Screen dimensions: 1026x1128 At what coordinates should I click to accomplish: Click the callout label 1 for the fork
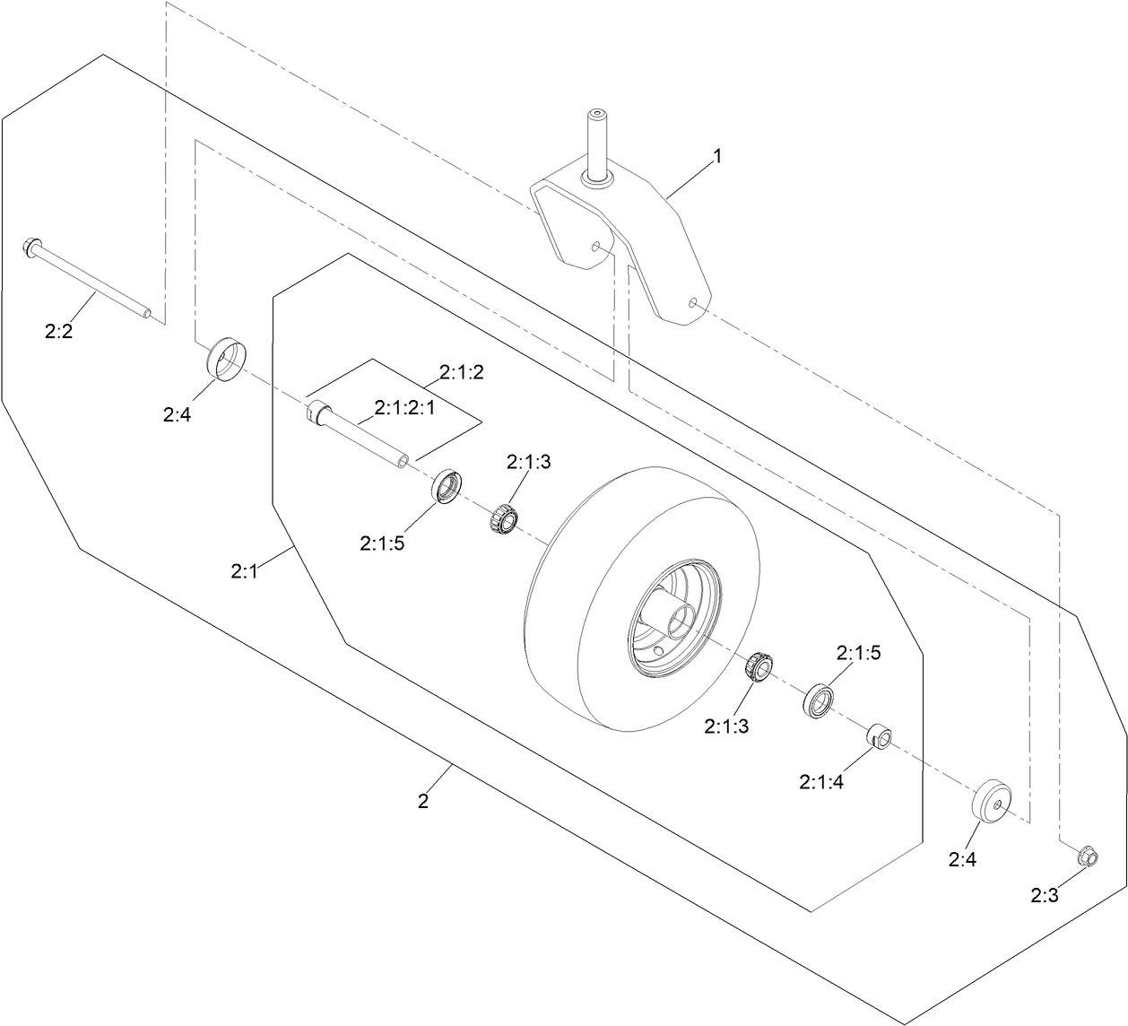pyautogui.click(x=716, y=156)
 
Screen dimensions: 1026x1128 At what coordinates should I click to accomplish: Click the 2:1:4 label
pyautogui.click(x=821, y=782)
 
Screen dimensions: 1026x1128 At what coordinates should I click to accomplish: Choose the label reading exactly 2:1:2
pyautogui.click(x=462, y=372)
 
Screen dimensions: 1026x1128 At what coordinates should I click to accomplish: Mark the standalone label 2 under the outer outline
pyautogui.click(x=423, y=801)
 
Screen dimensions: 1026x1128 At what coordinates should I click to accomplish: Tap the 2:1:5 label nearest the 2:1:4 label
pyautogui.click(x=858, y=653)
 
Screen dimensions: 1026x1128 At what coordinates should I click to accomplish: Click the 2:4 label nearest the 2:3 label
pyautogui.click(x=962, y=860)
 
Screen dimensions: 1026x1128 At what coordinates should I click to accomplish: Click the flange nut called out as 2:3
pyautogui.click(x=1086, y=856)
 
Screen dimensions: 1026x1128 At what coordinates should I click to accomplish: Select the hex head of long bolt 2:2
pyautogui.click(x=30, y=246)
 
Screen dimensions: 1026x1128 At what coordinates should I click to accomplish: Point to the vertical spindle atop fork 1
pyautogui.click(x=596, y=143)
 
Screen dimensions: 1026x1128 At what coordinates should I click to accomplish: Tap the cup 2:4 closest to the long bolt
pyautogui.click(x=225, y=361)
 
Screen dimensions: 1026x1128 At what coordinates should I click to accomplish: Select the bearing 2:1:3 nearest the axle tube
pyautogui.click(x=504, y=518)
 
